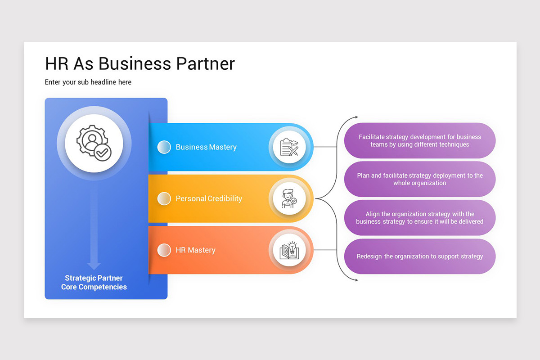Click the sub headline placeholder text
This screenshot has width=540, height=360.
(x=88, y=82)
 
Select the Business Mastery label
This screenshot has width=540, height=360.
(x=206, y=147)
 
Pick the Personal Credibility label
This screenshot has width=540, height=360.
(x=209, y=198)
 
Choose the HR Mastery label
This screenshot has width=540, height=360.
(x=195, y=250)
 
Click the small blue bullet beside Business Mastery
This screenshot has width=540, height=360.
(x=164, y=147)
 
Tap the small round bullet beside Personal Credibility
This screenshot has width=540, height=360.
(x=164, y=198)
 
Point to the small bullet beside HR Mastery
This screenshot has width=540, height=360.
(x=164, y=250)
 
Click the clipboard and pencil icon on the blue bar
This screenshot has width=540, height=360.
(x=289, y=147)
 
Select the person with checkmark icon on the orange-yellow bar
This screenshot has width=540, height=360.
(x=289, y=198)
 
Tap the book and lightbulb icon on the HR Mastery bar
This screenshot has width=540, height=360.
(x=289, y=250)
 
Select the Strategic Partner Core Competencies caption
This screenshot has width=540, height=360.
(x=94, y=283)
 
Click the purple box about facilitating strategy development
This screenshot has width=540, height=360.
(x=420, y=141)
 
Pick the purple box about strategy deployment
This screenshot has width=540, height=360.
(x=420, y=179)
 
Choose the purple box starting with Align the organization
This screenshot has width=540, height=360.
(x=420, y=218)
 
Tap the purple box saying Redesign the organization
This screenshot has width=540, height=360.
(x=420, y=256)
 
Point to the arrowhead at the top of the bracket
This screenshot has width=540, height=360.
(x=356, y=117)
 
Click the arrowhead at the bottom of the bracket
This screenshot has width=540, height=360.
(x=356, y=280)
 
